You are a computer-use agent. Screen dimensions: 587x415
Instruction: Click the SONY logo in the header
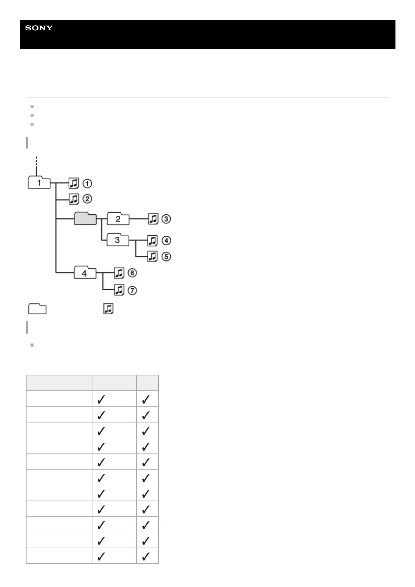[39, 28]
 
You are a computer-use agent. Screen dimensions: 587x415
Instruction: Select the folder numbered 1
[39, 183]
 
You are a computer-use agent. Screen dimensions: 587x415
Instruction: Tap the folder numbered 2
[118, 219]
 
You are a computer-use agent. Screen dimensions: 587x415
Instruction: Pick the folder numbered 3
[117, 240]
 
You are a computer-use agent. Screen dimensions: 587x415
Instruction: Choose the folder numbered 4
[84, 273]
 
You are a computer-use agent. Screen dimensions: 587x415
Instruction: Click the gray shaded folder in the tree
[85, 219]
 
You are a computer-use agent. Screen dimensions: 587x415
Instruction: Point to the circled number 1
[87, 183]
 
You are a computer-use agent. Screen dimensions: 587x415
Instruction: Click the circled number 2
[87, 199]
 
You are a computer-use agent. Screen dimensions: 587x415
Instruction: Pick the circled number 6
[132, 273]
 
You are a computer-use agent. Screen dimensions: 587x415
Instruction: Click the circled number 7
[132, 290]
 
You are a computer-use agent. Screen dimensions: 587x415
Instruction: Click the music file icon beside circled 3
[153, 219]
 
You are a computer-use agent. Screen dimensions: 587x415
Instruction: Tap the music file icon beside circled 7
[119, 290]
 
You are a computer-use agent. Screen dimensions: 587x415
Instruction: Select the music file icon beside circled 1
[74, 183]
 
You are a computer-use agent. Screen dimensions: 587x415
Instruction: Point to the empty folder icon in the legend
[37, 309]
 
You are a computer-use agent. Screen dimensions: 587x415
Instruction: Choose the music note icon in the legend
[108, 309]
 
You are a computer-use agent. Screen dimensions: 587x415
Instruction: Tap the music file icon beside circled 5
[152, 257]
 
